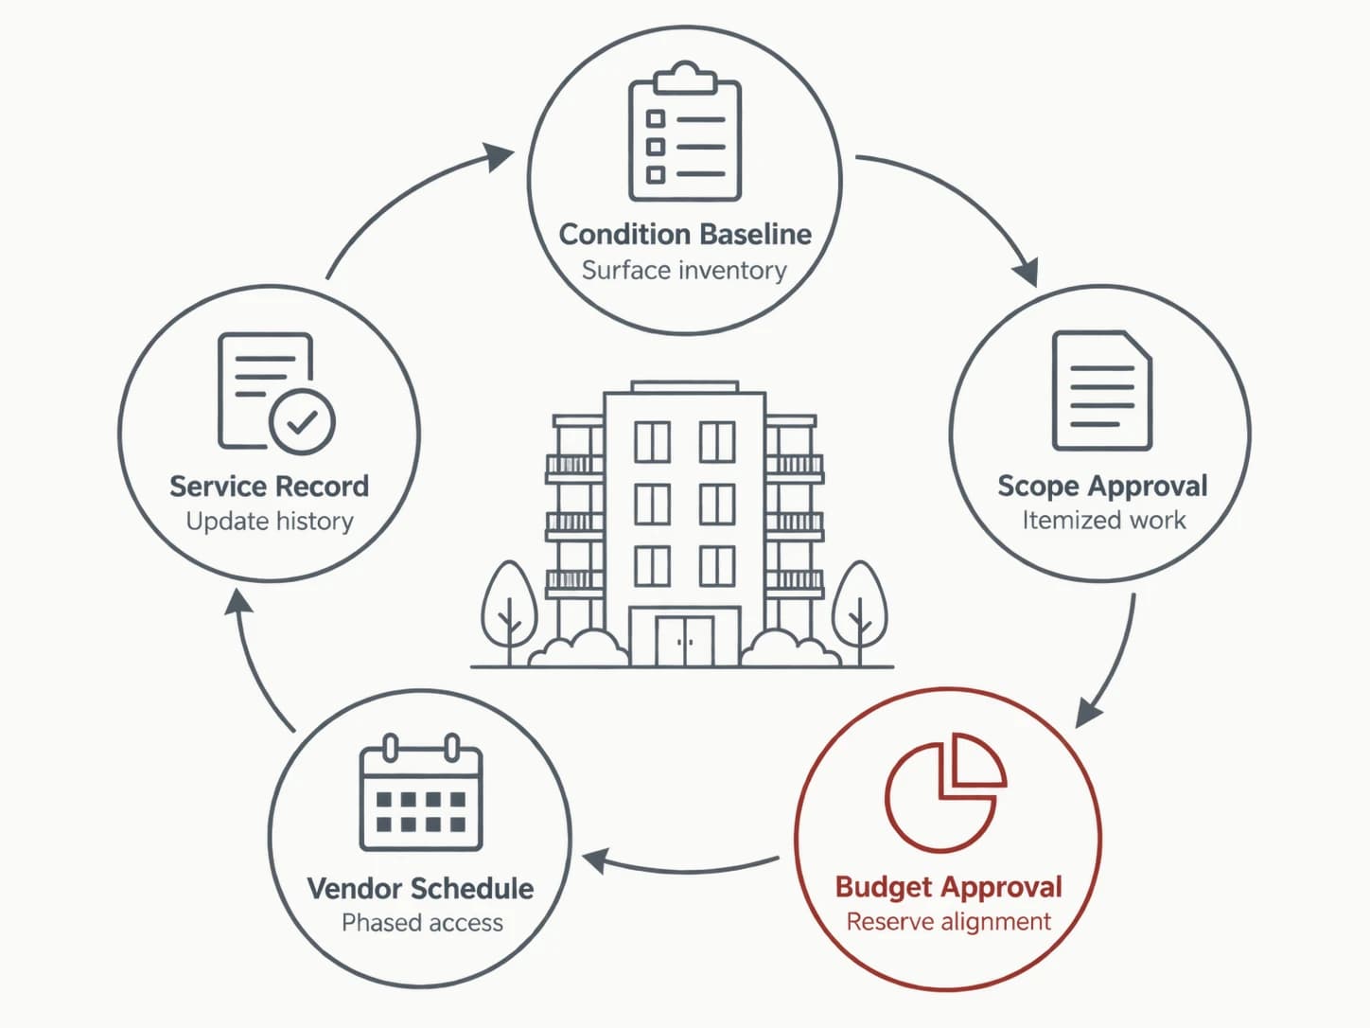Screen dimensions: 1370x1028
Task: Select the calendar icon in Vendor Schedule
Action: [421, 792]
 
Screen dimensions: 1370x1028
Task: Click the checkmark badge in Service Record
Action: [302, 421]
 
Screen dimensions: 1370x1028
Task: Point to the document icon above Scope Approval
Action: [1102, 390]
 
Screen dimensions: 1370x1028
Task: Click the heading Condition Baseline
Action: [685, 235]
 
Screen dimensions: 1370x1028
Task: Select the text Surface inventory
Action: [684, 271]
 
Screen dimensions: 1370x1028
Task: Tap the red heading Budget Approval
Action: [949, 887]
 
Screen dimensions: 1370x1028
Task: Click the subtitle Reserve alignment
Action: [949, 921]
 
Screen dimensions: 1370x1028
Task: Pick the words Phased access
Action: [422, 923]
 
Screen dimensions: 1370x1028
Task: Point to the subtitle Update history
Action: [270, 521]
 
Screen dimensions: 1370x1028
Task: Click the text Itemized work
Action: [1103, 520]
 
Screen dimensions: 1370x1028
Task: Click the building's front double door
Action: [685, 641]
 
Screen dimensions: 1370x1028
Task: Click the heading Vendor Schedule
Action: [421, 888]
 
